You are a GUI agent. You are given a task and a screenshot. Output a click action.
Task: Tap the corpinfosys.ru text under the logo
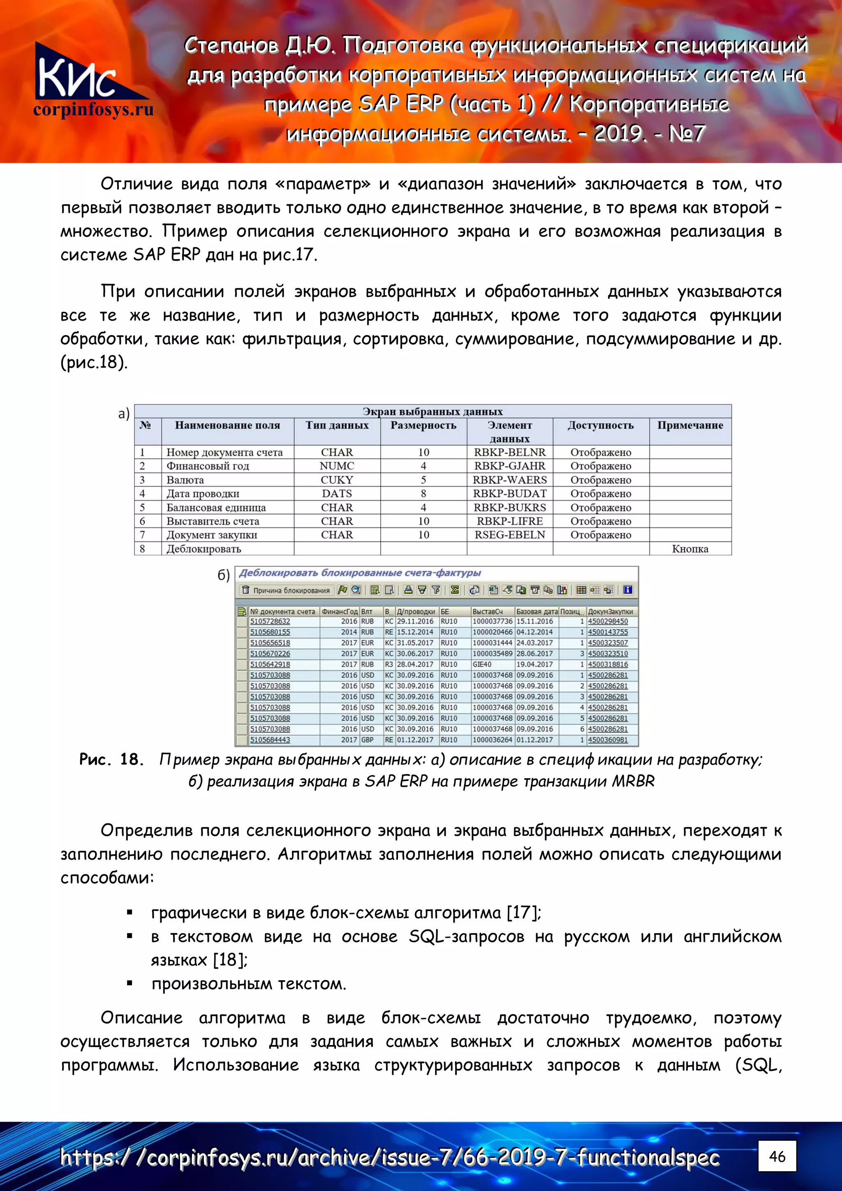tap(93, 109)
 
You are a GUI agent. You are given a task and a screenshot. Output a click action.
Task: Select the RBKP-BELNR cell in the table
tap(509, 452)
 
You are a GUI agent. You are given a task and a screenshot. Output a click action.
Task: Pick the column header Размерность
tap(423, 426)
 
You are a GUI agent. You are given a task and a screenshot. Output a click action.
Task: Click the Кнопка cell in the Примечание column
tap(689, 549)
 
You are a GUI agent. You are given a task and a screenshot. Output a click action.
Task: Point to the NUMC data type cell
tap(337, 466)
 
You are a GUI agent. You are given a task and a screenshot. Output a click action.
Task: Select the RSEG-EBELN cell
tap(509, 535)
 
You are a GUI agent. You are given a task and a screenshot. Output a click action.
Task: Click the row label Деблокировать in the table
tap(204, 549)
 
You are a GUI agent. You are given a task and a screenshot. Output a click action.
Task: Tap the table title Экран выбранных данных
tap(433, 412)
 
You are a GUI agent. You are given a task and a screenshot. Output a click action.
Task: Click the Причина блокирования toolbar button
tap(286, 590)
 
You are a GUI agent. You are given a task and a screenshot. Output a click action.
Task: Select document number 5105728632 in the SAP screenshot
tap(270, 622)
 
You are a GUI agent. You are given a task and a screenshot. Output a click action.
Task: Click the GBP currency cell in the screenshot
tap(367, 740)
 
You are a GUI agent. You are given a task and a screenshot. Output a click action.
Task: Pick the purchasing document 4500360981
tap(608, 740)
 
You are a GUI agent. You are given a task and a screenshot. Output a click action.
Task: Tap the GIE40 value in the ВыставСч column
tap(481, 664)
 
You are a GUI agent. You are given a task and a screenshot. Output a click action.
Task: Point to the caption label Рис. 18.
tap(111, 759)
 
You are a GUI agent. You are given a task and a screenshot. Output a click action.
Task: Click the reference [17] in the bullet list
tap(523, 912)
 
